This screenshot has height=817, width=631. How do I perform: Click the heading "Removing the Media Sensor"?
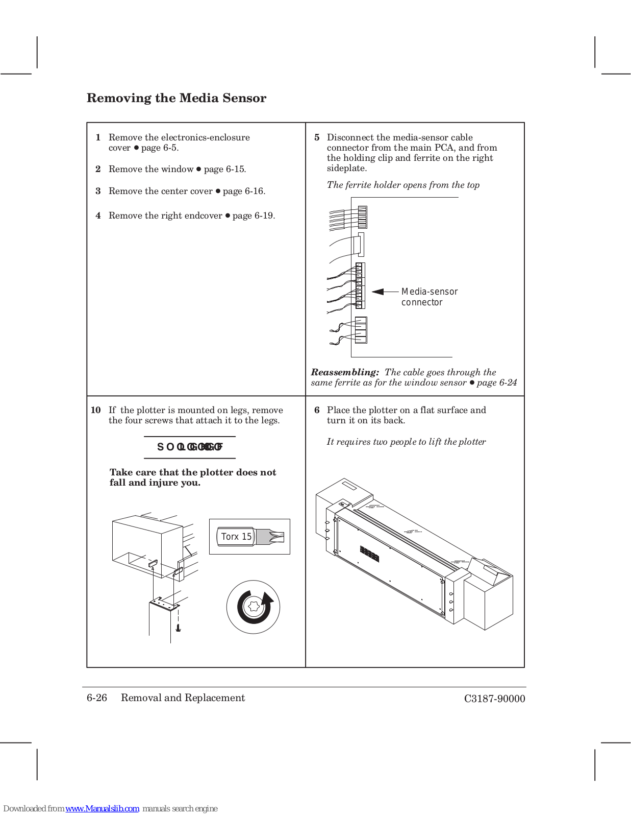point(176,98)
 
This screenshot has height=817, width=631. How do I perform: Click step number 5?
point(317,137)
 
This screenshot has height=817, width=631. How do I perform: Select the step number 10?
point(96,410)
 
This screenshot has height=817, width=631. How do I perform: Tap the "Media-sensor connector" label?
point(429,297)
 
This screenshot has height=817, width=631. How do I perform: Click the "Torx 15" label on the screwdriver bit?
point(236,537)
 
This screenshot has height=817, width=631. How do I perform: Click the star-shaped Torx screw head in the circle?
point(253,607)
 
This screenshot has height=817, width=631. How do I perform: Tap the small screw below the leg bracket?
point(178,628)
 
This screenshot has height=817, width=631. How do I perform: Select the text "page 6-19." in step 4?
point(254,215)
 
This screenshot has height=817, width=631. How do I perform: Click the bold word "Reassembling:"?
point(345,372)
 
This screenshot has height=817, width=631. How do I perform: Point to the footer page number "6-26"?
point(97,698)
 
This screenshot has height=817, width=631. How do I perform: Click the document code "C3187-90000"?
point(494,699)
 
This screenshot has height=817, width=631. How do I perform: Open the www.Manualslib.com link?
point(102,808)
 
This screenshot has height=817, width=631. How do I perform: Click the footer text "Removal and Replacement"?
point(183,698)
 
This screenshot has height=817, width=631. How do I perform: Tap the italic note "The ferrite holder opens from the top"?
point(403,185)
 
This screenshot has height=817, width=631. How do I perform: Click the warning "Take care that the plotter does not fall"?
point(193,477)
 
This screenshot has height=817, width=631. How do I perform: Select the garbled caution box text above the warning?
point(190,447)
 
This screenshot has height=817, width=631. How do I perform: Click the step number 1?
point(98,137)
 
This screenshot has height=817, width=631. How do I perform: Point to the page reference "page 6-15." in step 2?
point(225,169)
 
